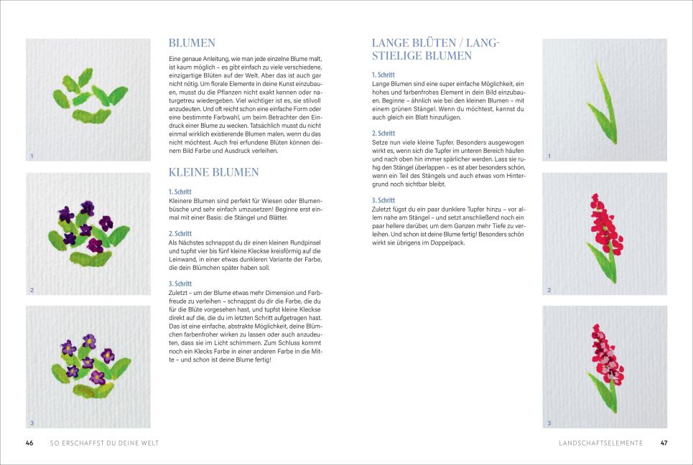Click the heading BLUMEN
(x=192, y=43)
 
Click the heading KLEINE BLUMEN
(x=213, y=172)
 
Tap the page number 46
(x=29, y=443)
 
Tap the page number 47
(x=664, y=443)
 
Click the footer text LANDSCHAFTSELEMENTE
(x=601, y=443)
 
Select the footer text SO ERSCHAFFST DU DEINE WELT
(x=104, y=443)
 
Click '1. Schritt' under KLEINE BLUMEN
(x=180, y=192)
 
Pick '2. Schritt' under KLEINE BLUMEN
(x=180, y=233)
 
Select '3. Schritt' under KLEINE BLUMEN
(x=180, y=283)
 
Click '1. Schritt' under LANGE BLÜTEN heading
(x=383, y=75)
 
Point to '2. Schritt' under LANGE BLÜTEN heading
(x=383, y=133)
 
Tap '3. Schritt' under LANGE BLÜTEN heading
(x=383, y=200)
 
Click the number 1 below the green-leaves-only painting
(x=31, y=156)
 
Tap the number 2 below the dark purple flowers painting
(x=31, y=290)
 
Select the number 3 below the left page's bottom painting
(x=31, y=423)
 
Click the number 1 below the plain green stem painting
(x=549, y=156)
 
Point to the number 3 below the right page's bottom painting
(x=549, y=423)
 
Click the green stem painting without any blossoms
(x=604, y=100)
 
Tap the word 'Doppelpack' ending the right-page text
(x=448, y=243)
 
